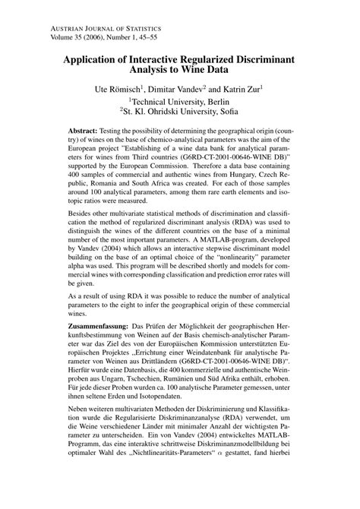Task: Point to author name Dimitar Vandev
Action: pyautogui.click(x=192, y=90)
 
